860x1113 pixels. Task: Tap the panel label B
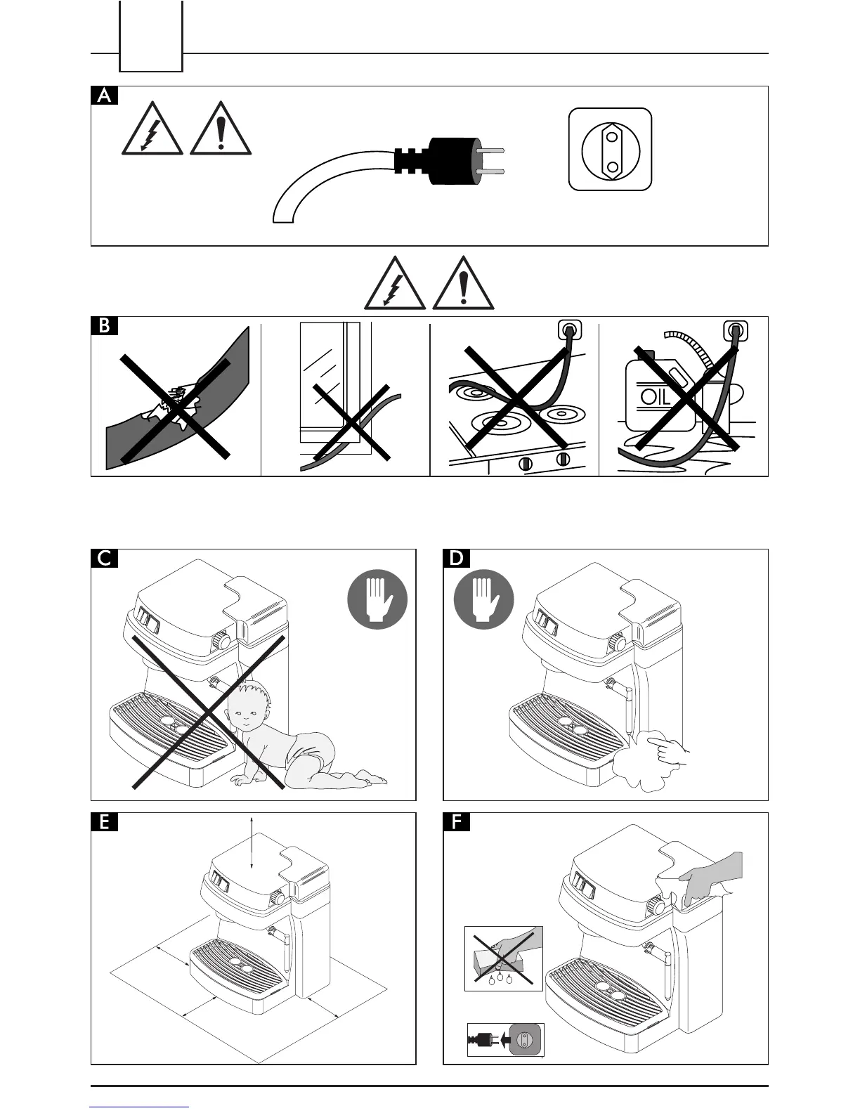click(x=104, y=327)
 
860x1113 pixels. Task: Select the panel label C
click(x=104, y=559)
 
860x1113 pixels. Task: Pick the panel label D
click(x=457, y=559)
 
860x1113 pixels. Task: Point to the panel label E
click(x=104, y=822)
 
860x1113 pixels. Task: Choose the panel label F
click(x=457, y=822)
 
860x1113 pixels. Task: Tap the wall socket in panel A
click(x=610, y=149)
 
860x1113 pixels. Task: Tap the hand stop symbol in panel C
click(x=377, y=599)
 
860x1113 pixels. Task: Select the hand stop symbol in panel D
click(x=484, y=599)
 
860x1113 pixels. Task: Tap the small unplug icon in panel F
click(x=505, y=1040)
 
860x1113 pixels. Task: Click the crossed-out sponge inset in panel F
click(x=503, y=958)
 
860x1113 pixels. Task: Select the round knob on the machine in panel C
click(x=223, y=640)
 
